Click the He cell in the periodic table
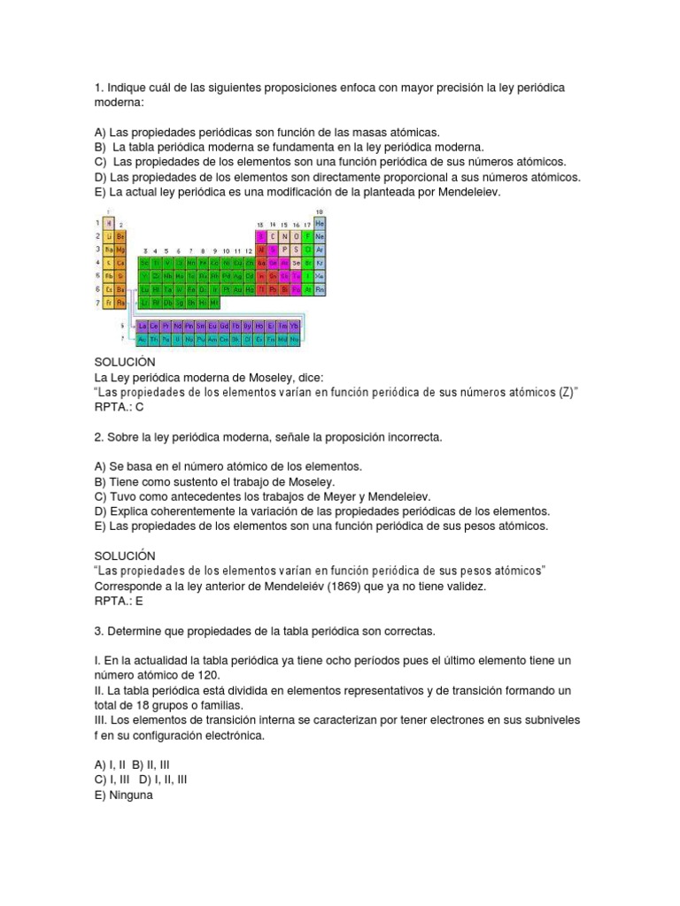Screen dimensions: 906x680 click(320, 225)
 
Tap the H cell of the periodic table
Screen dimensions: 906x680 click(109, 224)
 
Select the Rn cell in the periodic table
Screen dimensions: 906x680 click(320, 289)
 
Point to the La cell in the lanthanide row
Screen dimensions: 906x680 click(143, 326)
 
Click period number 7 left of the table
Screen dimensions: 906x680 click(98, 303)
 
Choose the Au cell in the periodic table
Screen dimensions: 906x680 click(237, 289)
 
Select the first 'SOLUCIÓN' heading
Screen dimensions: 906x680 click(125, 362)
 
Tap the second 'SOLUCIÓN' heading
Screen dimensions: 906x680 click(125, 556)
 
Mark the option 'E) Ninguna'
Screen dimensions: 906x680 click(123, 795)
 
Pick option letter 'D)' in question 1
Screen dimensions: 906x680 click(100, 177)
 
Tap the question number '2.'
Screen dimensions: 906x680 click(99, 437)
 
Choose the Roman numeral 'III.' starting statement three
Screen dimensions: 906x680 click(102, 720)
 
